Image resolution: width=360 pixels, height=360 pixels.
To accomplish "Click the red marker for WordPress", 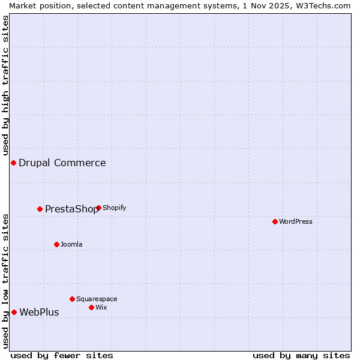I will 275,221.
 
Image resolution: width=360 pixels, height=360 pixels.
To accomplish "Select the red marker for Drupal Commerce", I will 13,163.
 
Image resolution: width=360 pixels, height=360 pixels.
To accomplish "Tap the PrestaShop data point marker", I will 40,209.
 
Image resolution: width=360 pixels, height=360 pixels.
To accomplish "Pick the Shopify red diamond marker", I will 98,208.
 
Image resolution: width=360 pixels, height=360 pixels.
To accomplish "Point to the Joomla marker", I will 56,244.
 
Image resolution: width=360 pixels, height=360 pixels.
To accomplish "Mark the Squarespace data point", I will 72,299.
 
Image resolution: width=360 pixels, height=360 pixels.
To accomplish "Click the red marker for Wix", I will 91,307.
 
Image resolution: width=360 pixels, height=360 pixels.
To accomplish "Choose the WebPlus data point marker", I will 14,312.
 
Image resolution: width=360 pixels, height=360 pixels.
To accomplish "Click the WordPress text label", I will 296,221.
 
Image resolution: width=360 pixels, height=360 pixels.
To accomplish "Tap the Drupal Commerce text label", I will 62,163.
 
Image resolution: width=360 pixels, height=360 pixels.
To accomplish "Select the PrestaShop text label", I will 71,209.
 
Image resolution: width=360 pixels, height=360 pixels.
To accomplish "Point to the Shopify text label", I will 115,208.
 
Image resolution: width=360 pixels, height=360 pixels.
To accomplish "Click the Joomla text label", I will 71,244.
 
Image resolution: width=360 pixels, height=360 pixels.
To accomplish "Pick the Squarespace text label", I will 97,299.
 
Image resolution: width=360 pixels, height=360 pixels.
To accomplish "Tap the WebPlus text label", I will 39,312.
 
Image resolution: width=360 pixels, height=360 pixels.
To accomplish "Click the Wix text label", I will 101,307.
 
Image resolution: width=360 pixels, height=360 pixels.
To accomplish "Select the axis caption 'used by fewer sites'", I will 62,355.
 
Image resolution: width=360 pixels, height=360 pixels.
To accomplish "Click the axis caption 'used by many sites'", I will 301,355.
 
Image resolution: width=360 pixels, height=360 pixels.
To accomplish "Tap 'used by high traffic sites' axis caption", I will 5,86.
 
